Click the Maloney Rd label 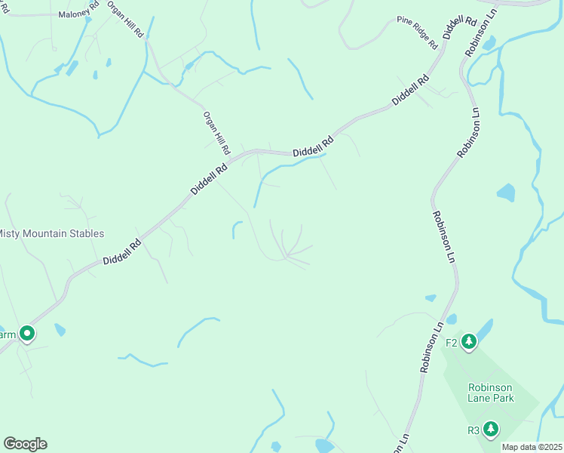point(73,14)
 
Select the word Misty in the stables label point(11,234)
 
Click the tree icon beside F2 point(470,343)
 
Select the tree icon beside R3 point(491,430)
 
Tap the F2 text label point(452,343)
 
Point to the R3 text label point(474,431)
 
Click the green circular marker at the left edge point(27,333)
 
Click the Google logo point(25,444)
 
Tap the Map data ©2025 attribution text point(532,447)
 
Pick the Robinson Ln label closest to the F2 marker point(432,347)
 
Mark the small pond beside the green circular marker point(60,330)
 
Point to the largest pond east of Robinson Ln point(506,193)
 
